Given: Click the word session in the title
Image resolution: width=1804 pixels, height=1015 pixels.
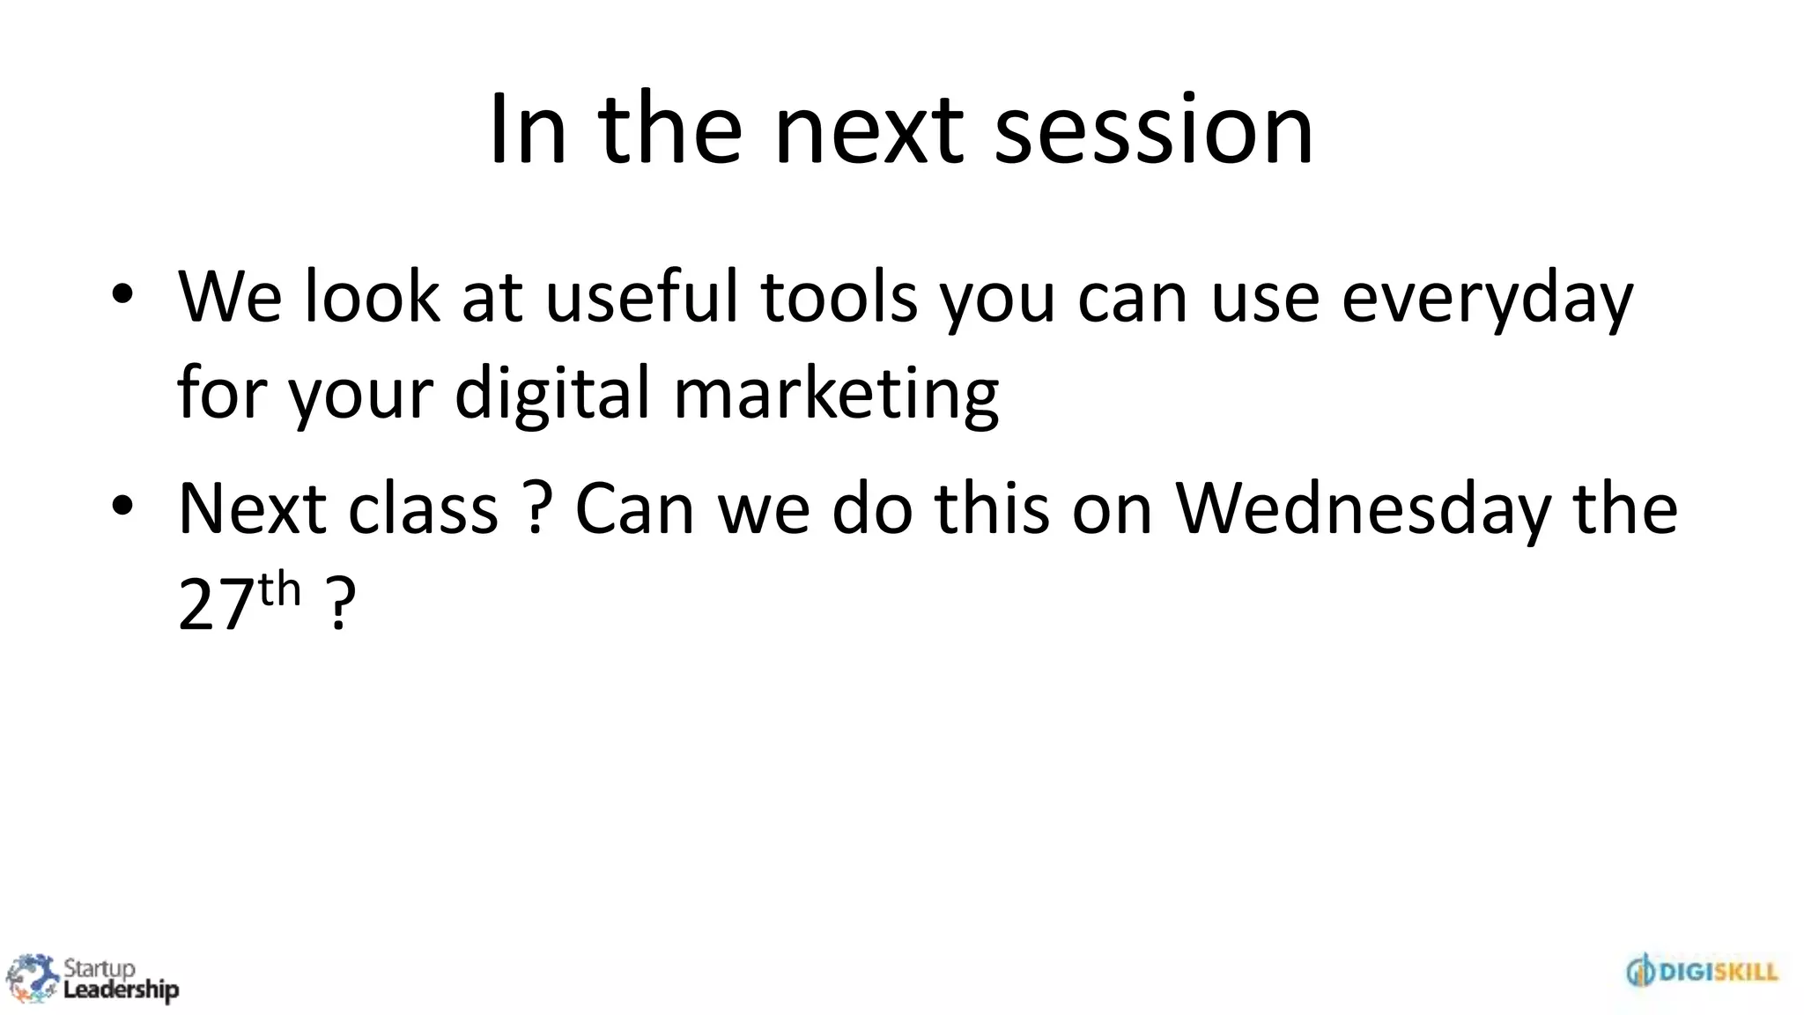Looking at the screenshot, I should [1154, 130].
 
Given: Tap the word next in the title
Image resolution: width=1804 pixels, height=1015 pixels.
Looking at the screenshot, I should [869, 130].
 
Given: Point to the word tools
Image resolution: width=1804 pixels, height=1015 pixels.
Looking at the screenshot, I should [839, 297].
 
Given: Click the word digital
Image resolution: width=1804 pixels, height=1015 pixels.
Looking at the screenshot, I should [551, 394].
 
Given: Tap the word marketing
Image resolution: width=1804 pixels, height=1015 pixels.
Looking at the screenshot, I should [836, 394].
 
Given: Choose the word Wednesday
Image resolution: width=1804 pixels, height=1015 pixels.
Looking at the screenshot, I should [1364, 509].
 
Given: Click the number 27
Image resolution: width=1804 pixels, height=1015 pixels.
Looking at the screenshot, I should [216, 605].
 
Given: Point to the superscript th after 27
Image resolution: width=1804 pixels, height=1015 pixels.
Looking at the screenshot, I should [280, 589].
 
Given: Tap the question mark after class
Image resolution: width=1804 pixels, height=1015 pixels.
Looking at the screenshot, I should [537, 508].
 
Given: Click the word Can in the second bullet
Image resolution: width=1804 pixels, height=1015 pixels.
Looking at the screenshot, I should [634, 508].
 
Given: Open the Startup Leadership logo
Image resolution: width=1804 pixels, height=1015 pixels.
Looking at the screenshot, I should [92, 979].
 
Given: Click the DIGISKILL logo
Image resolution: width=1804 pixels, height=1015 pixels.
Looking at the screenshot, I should [1702, 972].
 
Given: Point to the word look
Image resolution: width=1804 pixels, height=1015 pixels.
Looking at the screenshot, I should [371, 297].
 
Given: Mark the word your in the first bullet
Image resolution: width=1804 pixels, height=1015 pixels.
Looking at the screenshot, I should [361, 394].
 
